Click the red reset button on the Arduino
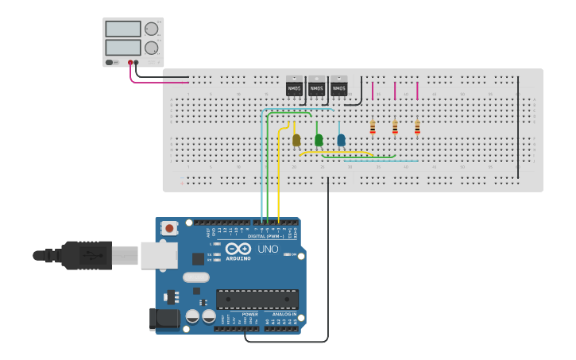(x=169, y=229)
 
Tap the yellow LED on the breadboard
(x=296, y=141)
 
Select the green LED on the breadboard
(x=319, y=141)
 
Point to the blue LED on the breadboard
(x=341, y=141)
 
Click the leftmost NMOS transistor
(x=294, y=86)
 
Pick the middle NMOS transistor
(x=316, y=86)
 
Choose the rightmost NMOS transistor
(x=338, y=86)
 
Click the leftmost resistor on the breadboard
(x=372, y=127)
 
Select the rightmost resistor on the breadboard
(x=416, y=127)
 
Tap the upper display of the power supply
(x=123, y=29)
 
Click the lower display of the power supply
(x=123, y=48)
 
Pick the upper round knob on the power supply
(x=151, y=29)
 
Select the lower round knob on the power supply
(x=151, y=48)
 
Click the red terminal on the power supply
(x=130, y=62)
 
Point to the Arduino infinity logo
(x=238, y=249)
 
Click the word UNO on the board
(x=268, y=249)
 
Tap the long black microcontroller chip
(x=257, y=300)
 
